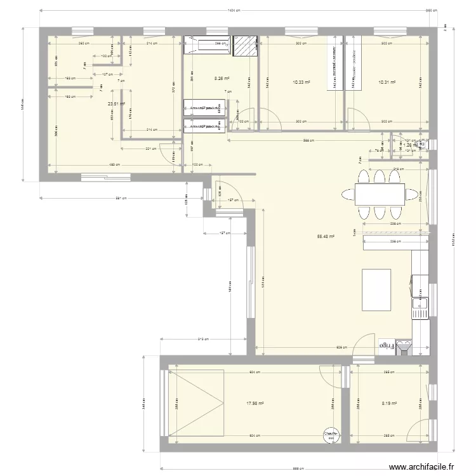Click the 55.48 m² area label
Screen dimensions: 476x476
click(x=326, y=237)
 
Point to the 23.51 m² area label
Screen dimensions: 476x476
click(x=116, y=105)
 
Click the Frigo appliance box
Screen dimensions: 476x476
click(x=385, y=346)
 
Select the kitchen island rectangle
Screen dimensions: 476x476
click(x=376, y=289)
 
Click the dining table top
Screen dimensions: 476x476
click(x=380, y=195)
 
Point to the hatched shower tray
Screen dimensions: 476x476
click(x=245, y=46)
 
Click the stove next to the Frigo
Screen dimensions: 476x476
click(x=403, y=346)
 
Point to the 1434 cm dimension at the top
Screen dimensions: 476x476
click(x=235, y=11)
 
